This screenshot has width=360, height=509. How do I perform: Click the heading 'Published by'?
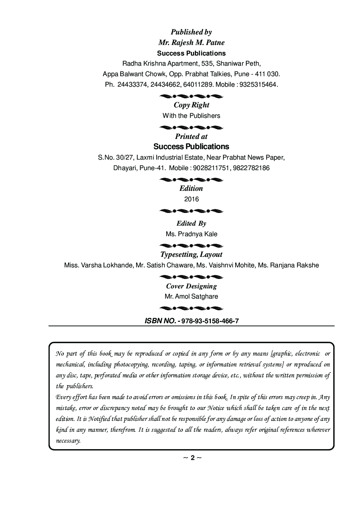pos(191,32)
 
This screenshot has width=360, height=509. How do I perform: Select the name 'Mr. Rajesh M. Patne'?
pos(191,43)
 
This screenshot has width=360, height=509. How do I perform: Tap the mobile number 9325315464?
pos(259,85)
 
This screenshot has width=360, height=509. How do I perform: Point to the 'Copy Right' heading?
pos(191,105)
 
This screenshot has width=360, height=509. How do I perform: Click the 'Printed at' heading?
pos(191,136)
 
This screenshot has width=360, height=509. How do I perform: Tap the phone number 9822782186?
pos(253,168)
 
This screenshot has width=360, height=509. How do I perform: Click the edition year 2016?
pos(191,199)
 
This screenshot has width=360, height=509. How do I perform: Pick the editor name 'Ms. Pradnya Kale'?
pos(191,234)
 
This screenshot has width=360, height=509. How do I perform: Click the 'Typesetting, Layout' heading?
pos(191,255)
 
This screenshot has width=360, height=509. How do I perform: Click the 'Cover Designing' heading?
pos(191,286)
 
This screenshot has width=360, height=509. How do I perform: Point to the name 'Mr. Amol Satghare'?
pos(191,296)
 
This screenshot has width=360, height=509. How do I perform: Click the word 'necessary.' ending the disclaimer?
pos(68,441)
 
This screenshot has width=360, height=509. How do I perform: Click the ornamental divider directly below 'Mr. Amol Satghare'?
pos(191,308)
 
